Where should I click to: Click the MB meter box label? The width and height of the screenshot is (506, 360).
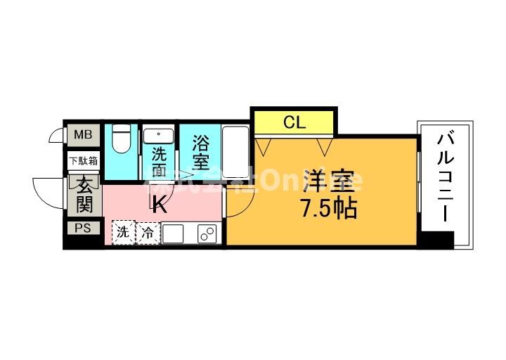pos(83,134)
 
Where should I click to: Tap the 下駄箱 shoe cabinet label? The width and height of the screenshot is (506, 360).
pos(83,161)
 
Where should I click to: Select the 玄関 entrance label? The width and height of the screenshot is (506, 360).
pos(84,195)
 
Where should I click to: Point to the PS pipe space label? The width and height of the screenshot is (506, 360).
pos(83,228)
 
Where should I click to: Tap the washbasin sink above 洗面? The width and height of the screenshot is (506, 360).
pos(160,134)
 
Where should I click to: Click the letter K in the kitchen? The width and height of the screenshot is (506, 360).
pos(160,205)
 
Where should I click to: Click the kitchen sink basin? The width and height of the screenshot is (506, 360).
pos(173,233)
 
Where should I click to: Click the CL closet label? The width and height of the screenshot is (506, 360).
pos(294,122)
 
